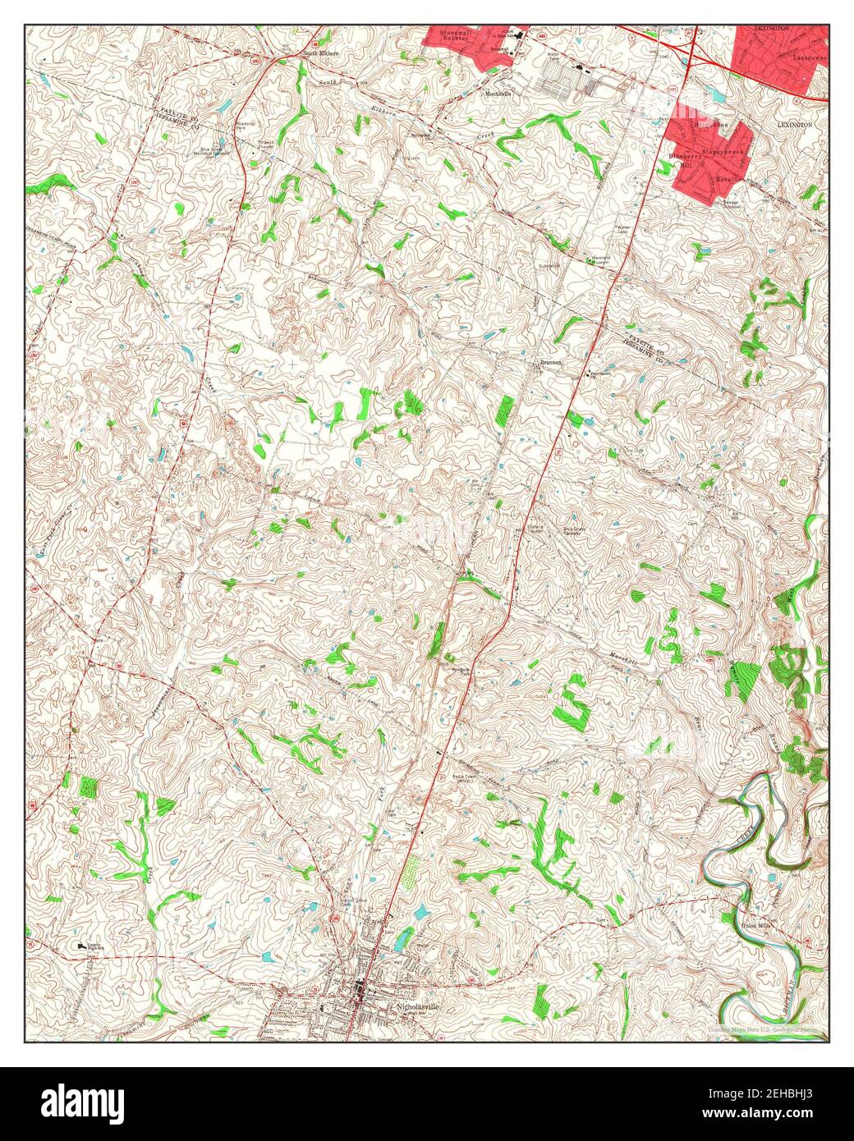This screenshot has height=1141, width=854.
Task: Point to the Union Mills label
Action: coord(757,925)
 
